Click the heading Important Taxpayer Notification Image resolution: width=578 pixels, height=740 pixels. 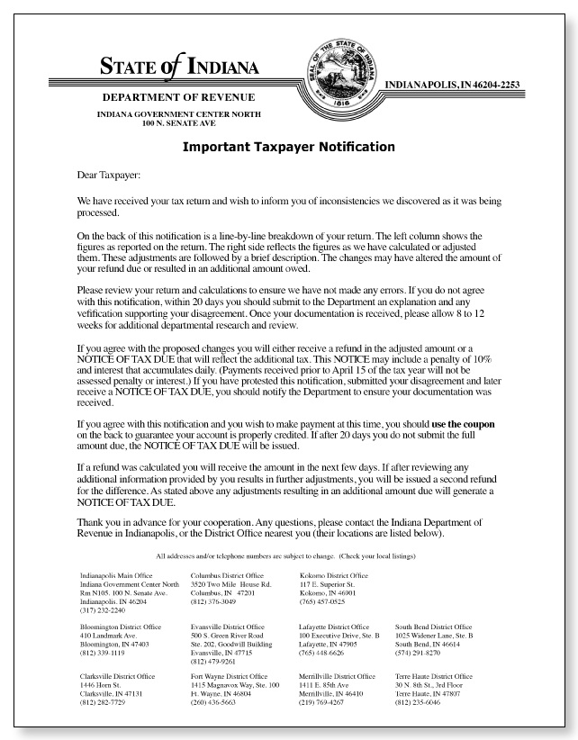[x=288, y=147]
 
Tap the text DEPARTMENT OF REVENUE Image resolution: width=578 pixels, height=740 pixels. [x=178, y=97]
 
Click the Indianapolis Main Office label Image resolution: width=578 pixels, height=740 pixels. [x=116, y=575]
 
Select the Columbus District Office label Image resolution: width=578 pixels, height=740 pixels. [x=227, y=575]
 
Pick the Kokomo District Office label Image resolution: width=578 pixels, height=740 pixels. [x=333, y=575]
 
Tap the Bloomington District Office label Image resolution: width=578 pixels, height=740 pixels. [x=121, y=627]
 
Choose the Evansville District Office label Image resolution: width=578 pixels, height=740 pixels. [x=228, y=627]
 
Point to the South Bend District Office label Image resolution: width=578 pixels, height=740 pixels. [x=433, y=627]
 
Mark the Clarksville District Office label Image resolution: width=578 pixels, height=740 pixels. [x=117, y=676]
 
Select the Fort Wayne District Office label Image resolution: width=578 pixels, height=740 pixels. [x=229, y=676]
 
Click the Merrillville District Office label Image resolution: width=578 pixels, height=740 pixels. [x=337, y=676]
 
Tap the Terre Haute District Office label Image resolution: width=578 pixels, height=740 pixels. [x=433, y=676]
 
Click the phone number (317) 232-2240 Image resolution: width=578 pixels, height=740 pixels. [x=102, y=609]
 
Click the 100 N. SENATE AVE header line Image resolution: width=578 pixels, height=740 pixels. [x=178, y=122]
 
